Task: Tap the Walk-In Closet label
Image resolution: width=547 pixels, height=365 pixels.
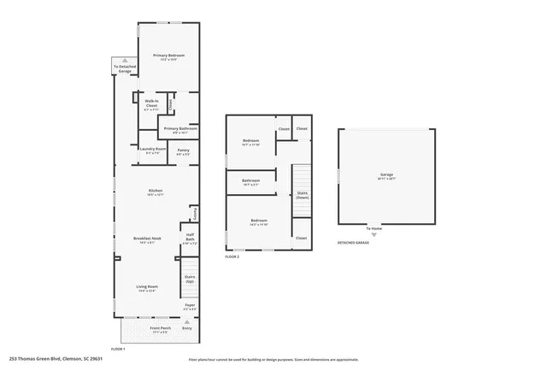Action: (x=150, y=103)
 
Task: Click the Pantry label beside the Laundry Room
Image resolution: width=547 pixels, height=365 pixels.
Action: (x=183, y=150)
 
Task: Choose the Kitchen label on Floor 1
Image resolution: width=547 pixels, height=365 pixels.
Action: (x=155, y=191)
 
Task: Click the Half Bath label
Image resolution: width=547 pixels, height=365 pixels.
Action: (x=190, y=239)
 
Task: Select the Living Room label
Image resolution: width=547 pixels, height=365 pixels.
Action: (x=147, y=286)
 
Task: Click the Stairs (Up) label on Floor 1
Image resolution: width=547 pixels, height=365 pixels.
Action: (x=190, y=278)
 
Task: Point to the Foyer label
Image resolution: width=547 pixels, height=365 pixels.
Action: (x=190, y=303)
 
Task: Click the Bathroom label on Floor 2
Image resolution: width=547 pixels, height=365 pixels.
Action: (x=250, y=180)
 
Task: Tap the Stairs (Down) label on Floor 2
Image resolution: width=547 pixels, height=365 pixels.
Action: (x=301, y=194)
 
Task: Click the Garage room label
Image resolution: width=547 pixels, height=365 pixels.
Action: (x=386, y=175)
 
